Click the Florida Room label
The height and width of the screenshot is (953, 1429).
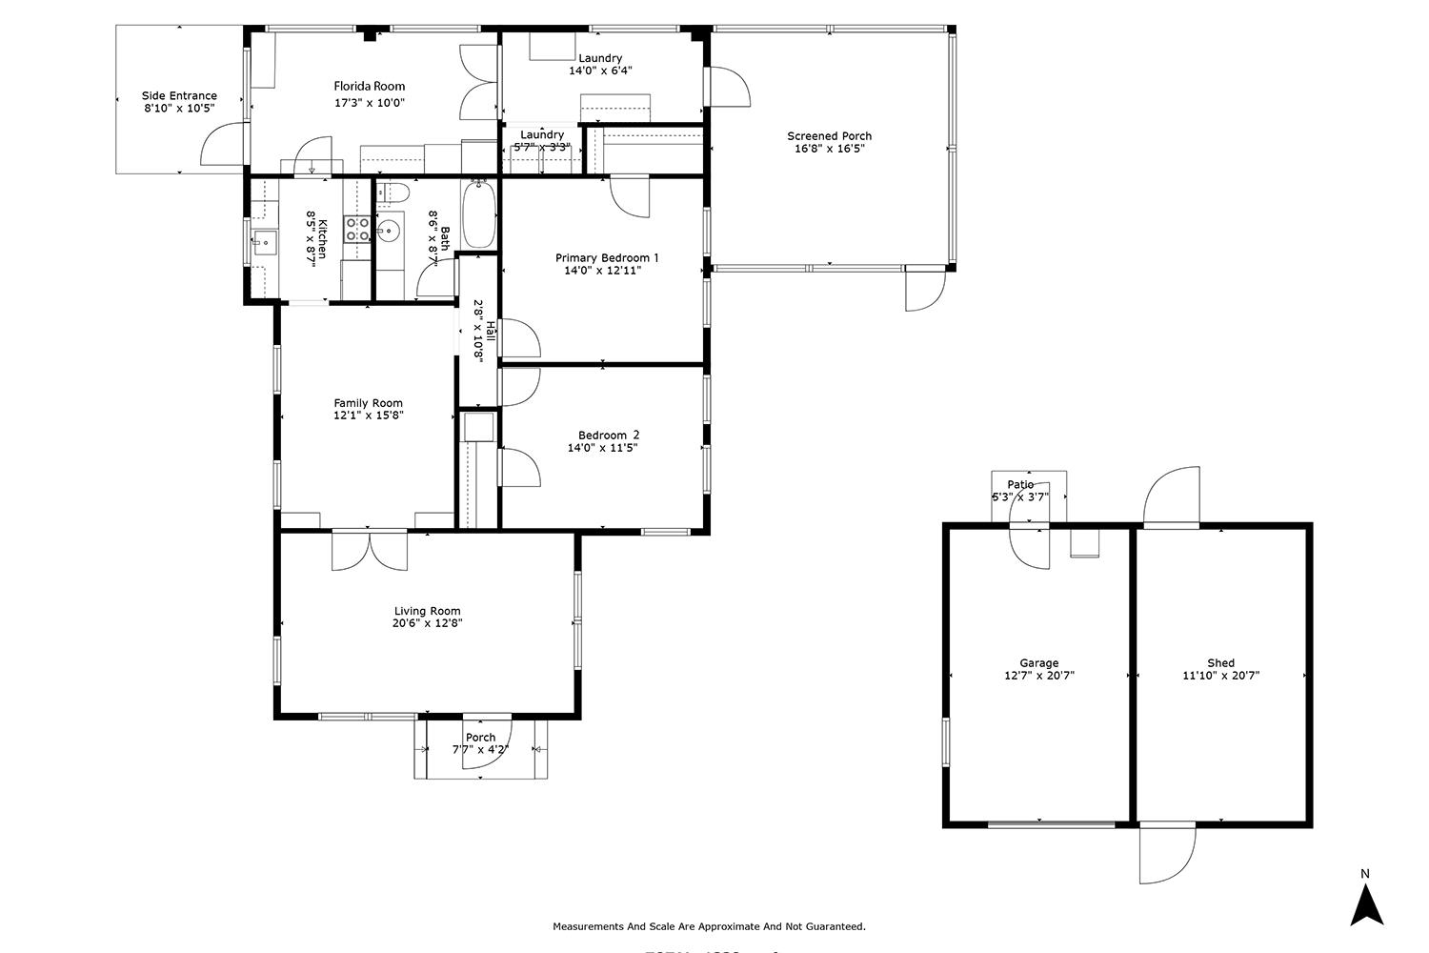[x=370, y=86]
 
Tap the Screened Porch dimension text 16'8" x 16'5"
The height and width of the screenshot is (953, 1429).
[x=829, y=149]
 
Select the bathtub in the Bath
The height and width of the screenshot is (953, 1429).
[x=479, y=215]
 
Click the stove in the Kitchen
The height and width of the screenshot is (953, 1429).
[x=357, y=229]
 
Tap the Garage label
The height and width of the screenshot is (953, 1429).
[x=1038, y=663]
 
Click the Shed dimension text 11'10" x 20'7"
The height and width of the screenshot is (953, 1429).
[x=1220, y=676]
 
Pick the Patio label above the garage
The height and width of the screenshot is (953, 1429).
[x=1019, y=485]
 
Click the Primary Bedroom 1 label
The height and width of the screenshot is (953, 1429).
[x=607, y=257]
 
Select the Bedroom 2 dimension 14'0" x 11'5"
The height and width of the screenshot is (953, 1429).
[x=602, y=448]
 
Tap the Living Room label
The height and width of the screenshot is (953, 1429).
[x=427, y=611]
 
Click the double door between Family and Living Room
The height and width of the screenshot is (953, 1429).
[x=370, y=551]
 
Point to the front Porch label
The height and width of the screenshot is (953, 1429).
[x=480, y=737]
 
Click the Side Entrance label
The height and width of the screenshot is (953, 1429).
[x=179, y=95]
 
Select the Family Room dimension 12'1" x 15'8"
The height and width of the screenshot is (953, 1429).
[x=368, y=416]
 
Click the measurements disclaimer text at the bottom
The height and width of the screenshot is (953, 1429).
[x=709, y=926]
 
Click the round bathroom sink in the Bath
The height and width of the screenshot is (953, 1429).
[x=388, y=230]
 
